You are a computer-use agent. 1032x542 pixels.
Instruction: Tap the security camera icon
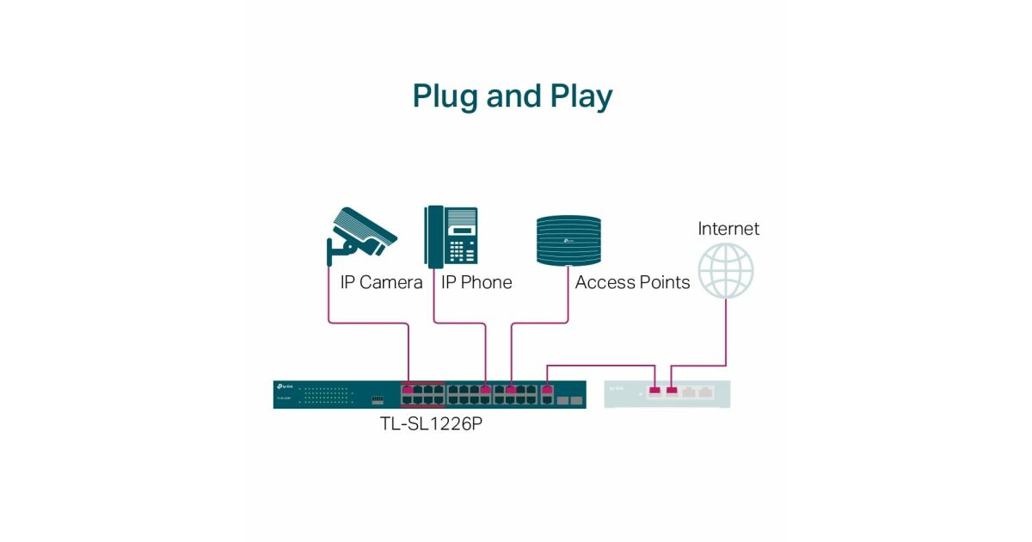click(x=360, y=235)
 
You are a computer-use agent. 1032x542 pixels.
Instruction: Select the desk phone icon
click(x=451, y=236)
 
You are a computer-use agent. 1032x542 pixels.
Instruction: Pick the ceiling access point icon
click(x=567, y=239)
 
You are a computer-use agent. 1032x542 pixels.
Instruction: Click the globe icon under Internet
click(x=725, y=270)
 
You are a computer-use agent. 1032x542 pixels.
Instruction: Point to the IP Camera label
click(x=381, y=282)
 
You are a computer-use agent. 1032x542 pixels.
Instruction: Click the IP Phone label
click(x=476, y=282)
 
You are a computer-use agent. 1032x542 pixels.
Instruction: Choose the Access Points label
click(x=632, y=282)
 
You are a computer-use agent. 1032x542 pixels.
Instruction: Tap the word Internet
click(x=728, y=229)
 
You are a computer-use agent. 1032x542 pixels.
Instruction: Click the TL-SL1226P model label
click(x=430, y=424)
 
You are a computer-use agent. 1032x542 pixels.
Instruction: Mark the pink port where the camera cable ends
click(x=408, y=390)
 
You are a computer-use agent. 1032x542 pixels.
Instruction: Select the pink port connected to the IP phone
click(x=486, y=390)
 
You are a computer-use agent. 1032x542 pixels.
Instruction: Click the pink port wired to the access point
click(x=512, y=390)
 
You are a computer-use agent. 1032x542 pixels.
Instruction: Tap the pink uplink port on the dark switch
click(x=546, y=390)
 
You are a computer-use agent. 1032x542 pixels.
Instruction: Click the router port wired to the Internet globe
click(x=672, y=391)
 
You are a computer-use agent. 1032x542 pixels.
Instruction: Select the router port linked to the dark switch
click(x=654, y=391)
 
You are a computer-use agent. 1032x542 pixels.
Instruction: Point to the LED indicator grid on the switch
click(x=327, y=395)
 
